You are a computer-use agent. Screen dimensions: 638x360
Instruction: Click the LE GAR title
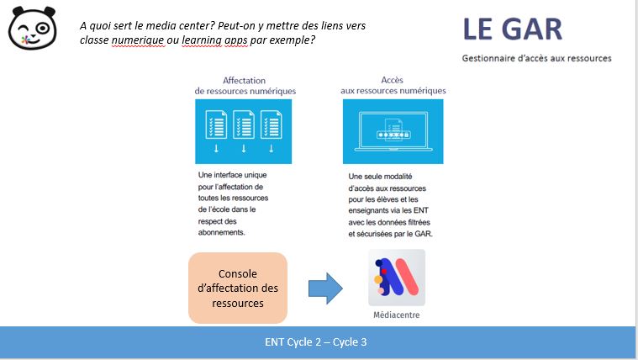(512, 29)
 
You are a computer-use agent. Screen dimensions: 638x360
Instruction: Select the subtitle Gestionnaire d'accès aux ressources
(536, 58)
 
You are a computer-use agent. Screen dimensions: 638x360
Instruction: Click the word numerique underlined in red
(139, 40)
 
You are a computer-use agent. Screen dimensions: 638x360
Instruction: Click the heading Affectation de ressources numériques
(245, 86)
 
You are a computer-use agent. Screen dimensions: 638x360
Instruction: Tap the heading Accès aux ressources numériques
(393, 85)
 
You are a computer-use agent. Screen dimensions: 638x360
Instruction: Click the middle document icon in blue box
(244, 124)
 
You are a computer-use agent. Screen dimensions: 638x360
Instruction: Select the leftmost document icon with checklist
(216, 124)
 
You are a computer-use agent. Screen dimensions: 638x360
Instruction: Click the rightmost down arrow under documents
(271, 148)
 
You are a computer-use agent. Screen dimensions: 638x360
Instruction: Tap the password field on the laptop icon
(393, 135)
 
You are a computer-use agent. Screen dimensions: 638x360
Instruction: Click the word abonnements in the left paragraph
(221, 232)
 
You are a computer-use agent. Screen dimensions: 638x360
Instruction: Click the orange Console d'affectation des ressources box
(238, 288)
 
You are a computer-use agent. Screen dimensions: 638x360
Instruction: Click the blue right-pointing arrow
(325, 289)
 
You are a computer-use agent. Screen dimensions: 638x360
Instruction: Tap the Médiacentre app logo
(397, 278)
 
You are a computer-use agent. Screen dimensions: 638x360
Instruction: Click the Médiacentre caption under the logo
(397, 315)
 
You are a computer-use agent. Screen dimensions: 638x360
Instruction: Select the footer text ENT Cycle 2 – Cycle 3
(316, 342)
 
